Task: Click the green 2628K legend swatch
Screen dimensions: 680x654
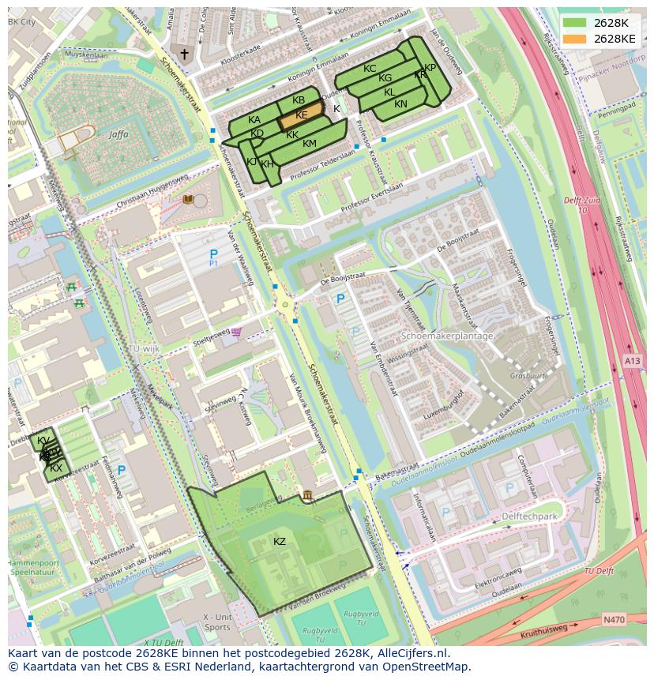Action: (x=575, y=23)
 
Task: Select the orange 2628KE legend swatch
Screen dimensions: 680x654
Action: (x=575, y=39)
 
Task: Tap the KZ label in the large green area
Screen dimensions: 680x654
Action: (x=280, y=541)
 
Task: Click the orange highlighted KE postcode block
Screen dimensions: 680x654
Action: (x=301, y=115)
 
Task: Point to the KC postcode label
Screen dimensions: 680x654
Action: (x=370, y=69)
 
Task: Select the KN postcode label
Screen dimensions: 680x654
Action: (x=400, y=104)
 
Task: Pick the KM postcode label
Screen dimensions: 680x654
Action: (x=310, y=143)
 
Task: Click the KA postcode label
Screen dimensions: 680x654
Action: (x=254, y=120)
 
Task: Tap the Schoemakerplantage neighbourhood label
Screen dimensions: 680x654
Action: (x=447, y=336)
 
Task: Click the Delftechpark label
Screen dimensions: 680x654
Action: (x=529, y=516)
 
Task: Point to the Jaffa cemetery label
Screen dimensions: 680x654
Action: (x=119, y=135)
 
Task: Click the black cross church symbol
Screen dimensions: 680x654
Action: (x=185, y=54)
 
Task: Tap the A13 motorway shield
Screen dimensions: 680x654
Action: (x=633, y=361)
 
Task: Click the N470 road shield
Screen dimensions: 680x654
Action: (x=613, y=619)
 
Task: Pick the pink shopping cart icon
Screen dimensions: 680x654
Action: (x=237, y=332)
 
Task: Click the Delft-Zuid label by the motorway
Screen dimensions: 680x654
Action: (x=583, y=201)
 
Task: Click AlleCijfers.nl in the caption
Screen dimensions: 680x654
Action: (x=409, y=653)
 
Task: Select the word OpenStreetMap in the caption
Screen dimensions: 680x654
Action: (x=426, y=667)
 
